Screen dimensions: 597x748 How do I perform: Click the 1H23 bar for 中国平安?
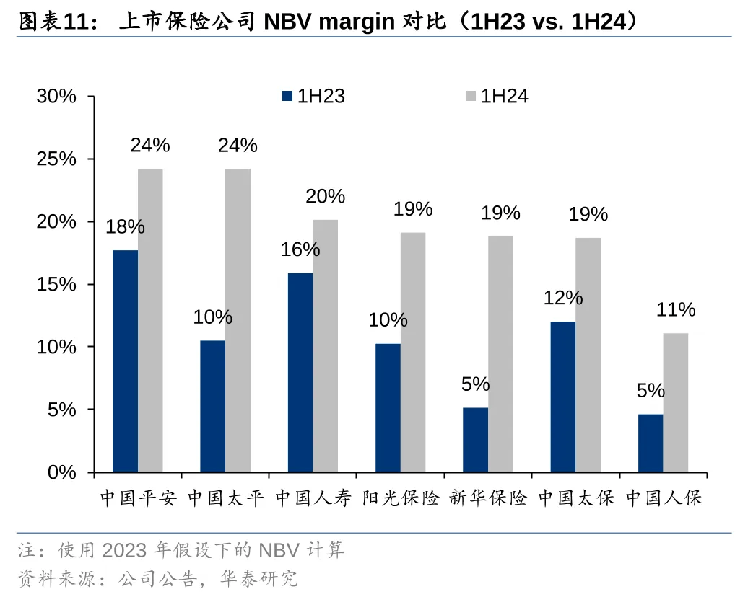point(125,361)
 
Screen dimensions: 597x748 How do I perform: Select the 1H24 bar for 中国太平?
point(238,320)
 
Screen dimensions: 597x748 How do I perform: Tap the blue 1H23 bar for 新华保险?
point(475,439)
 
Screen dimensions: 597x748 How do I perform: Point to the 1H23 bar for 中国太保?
point(562,397)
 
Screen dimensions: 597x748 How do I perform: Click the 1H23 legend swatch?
point(287,96)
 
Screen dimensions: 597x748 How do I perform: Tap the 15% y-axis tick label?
point(57,284)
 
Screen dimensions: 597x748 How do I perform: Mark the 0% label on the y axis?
point(62,472)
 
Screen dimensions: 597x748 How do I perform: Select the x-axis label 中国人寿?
point(313,498)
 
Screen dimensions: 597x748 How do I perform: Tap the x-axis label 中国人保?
point(664,498)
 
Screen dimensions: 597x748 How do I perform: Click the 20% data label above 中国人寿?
point(325,196)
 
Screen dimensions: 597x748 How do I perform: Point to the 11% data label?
point(676,310)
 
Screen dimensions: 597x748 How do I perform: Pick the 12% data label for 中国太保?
point(563,298)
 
